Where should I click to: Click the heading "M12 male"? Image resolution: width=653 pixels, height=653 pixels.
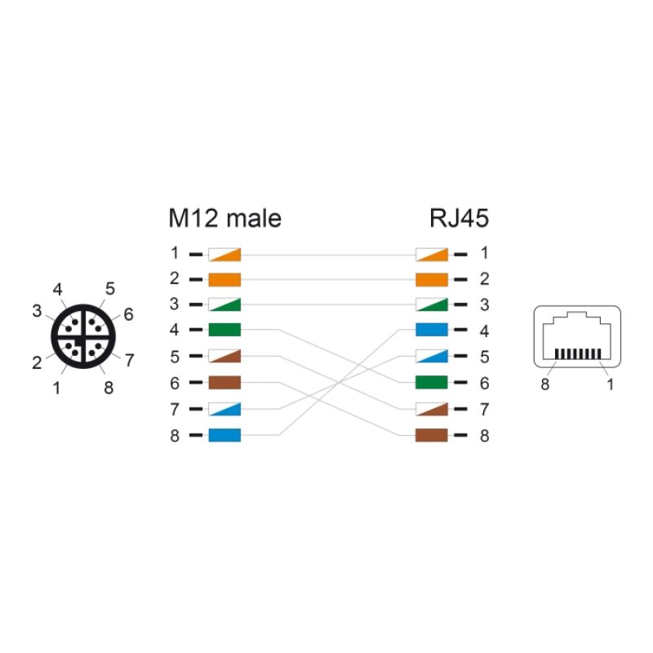(x=225, y=218)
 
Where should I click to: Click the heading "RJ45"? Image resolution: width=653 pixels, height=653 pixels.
(x=459, y=218)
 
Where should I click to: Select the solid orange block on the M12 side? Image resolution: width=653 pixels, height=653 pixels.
(x=224, y=279)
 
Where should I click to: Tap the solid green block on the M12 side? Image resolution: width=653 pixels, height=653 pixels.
(x=224, y=330)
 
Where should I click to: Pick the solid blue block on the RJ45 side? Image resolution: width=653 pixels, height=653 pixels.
(x=432, y=330)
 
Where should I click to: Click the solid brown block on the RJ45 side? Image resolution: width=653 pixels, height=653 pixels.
(x=432, y=435)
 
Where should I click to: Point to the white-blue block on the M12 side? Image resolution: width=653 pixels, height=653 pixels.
(x=224, y=409)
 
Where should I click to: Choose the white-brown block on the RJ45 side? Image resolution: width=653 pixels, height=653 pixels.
(x=432, y=409)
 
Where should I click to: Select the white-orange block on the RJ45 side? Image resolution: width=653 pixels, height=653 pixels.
(x=432, y=255)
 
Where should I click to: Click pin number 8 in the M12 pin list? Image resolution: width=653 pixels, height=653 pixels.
(x=175, y=436)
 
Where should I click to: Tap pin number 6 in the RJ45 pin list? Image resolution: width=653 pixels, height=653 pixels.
(x=484, y=383)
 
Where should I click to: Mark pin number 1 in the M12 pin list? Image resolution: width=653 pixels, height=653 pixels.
(x=175, y=253)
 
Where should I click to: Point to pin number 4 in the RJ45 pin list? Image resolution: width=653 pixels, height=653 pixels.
(x=484, y=331)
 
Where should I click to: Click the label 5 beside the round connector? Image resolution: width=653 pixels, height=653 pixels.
(x=110, y=289)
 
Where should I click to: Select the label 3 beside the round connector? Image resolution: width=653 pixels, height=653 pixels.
(x=37, y=311)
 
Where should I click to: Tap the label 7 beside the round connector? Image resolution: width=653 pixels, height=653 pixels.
(x=130, y=360)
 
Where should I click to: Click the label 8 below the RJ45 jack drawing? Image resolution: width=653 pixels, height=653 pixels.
(x=544, y=384)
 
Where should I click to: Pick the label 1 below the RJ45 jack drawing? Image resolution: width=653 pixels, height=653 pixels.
(x=610, y=384)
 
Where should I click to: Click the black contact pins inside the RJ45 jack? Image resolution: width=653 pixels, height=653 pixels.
(x=578, y=354)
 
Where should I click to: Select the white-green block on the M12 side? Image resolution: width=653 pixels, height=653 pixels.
(x=224, y=304)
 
